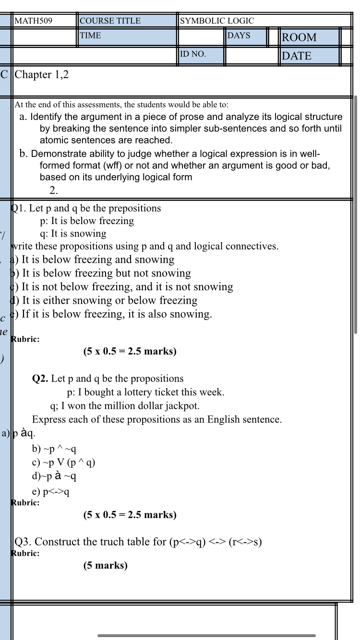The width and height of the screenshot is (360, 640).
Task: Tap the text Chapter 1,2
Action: tap(42, 75)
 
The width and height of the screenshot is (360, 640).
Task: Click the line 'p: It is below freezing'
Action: tap(87, 221)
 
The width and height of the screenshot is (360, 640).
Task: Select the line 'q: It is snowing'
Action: tap(73, 234)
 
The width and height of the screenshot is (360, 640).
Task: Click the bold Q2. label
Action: tap(40, 379)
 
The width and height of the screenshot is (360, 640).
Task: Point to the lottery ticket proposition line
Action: tap(145, 392)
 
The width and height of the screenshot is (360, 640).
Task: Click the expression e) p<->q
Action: tap(51, 492)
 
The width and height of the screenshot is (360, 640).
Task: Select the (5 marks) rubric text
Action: tap(105, 566)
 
